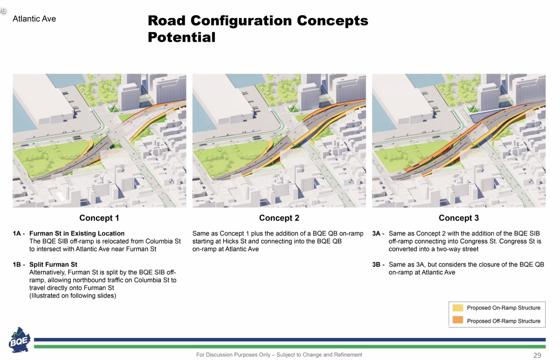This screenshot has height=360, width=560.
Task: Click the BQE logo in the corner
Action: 19,340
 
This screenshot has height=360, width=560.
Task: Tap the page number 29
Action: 537,355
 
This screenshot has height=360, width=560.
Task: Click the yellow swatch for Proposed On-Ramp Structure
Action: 458,308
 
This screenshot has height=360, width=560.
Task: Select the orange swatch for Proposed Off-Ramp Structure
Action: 458,320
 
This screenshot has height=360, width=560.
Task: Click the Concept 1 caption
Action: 99,218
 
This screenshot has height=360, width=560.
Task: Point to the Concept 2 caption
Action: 279,218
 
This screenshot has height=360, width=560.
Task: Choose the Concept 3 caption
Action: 459,218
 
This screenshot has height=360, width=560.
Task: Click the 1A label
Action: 19,234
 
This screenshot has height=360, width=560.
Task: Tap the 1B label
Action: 19,265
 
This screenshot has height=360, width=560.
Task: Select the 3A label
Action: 378,234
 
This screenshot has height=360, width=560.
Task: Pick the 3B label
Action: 378,265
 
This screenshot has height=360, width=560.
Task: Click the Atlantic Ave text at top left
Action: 34,19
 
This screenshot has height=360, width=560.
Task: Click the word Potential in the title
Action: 182,37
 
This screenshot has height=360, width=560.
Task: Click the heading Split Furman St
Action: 53,265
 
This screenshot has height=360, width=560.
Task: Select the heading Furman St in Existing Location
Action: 77,234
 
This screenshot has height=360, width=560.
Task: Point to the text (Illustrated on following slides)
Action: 73,296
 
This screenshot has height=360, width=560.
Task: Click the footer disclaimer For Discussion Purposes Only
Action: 233,355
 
